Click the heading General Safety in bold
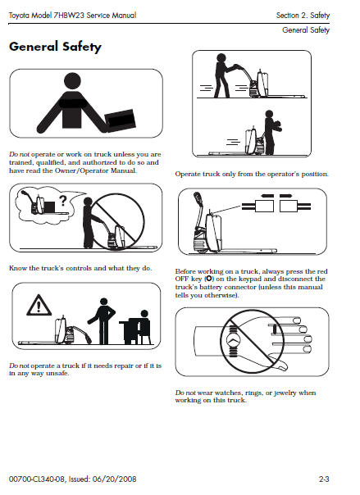(55, 47)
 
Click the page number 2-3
(324, 479)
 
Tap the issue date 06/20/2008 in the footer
(115, 479)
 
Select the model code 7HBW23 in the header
(69, 15)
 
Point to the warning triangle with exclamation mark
(39, 305)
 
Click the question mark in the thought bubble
(63, 201)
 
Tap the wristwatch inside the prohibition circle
(233, 340)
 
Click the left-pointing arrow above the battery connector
(267, 196)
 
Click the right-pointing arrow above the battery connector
(286, 196)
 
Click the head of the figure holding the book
(72, 81)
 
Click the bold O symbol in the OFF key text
(209, 279)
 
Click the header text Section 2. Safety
(303, 15)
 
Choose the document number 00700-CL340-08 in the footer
(37, 479)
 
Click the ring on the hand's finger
(275, 329)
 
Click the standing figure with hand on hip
(102, 320)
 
